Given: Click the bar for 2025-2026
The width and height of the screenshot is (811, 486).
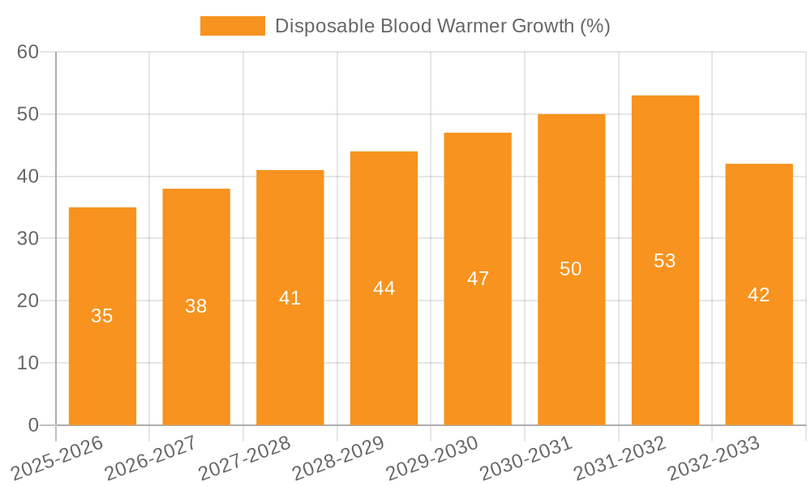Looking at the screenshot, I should click(x=102, y=316).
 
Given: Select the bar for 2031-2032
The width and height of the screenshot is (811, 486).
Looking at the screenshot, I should click(x=665, y=260).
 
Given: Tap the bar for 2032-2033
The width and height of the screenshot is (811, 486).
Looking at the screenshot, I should click(x=758, y=294).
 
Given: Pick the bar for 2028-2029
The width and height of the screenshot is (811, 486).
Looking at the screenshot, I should click(x=384, y=288).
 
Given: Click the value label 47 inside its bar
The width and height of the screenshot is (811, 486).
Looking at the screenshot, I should click(x=478, y=279).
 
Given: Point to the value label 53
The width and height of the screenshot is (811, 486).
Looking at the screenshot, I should click(x=665, y=261).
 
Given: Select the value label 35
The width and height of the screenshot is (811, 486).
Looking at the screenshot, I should click(x=102, y=316).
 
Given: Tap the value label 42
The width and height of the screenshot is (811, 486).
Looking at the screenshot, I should click(x=758, y=295).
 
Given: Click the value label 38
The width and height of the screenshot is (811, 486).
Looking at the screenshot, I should click(x=195, y=306).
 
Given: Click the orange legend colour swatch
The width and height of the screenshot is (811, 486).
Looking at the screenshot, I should click(x=232, y=26).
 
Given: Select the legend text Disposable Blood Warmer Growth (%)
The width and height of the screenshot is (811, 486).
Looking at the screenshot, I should click(x=442, y=26).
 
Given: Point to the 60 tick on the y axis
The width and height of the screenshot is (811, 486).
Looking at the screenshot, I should click(x=28, y=52).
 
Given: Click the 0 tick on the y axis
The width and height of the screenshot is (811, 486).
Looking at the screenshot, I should click(x=33, y=425).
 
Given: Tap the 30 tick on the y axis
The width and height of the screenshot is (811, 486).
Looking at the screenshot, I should click(x=28, y=238).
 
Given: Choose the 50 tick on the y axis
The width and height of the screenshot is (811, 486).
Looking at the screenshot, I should click(x=28, y=114).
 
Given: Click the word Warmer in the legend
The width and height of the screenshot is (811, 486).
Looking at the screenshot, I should click(x=474, y=26).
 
